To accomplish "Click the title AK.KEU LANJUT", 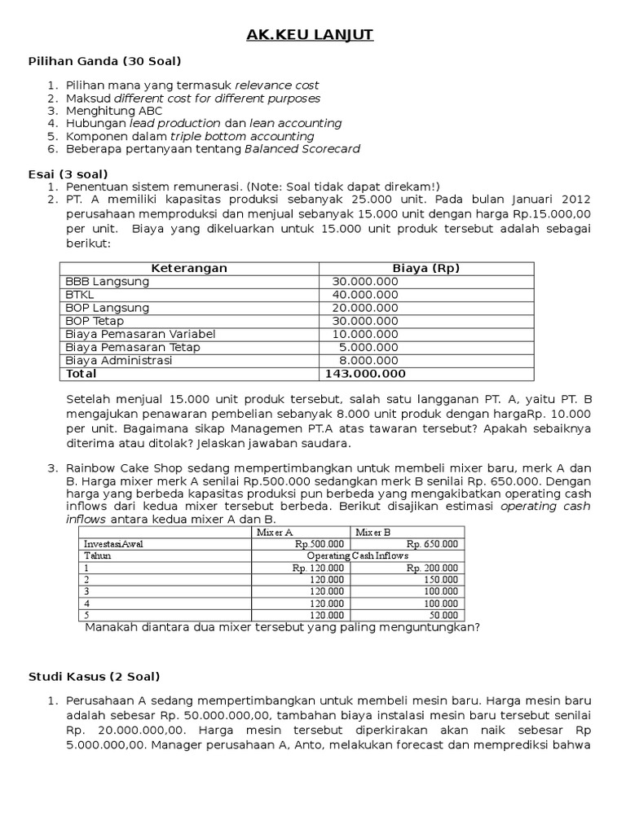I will [x=312, y=35].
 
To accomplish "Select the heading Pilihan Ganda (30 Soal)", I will [x=105, y=61].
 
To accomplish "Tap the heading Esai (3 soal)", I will [x=68, y=174].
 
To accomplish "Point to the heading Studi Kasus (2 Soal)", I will [x=95, y=676].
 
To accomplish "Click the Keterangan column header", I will [x=189, y=268].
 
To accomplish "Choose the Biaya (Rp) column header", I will [x=425, y=268].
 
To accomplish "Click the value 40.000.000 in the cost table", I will [x=365, y=295].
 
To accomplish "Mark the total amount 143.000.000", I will [x=364, y=374].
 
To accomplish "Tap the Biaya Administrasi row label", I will [x=119, y=361].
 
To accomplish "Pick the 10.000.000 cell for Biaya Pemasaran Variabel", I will [x=365, y=334].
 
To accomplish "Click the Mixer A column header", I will [x=275, y=532].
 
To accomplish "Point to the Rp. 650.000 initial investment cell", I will [x=432, y=544].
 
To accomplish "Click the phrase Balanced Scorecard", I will [x=302, y=149].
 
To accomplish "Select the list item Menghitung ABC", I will [x=114, y=111].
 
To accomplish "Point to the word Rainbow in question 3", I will [x=90, y=467].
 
